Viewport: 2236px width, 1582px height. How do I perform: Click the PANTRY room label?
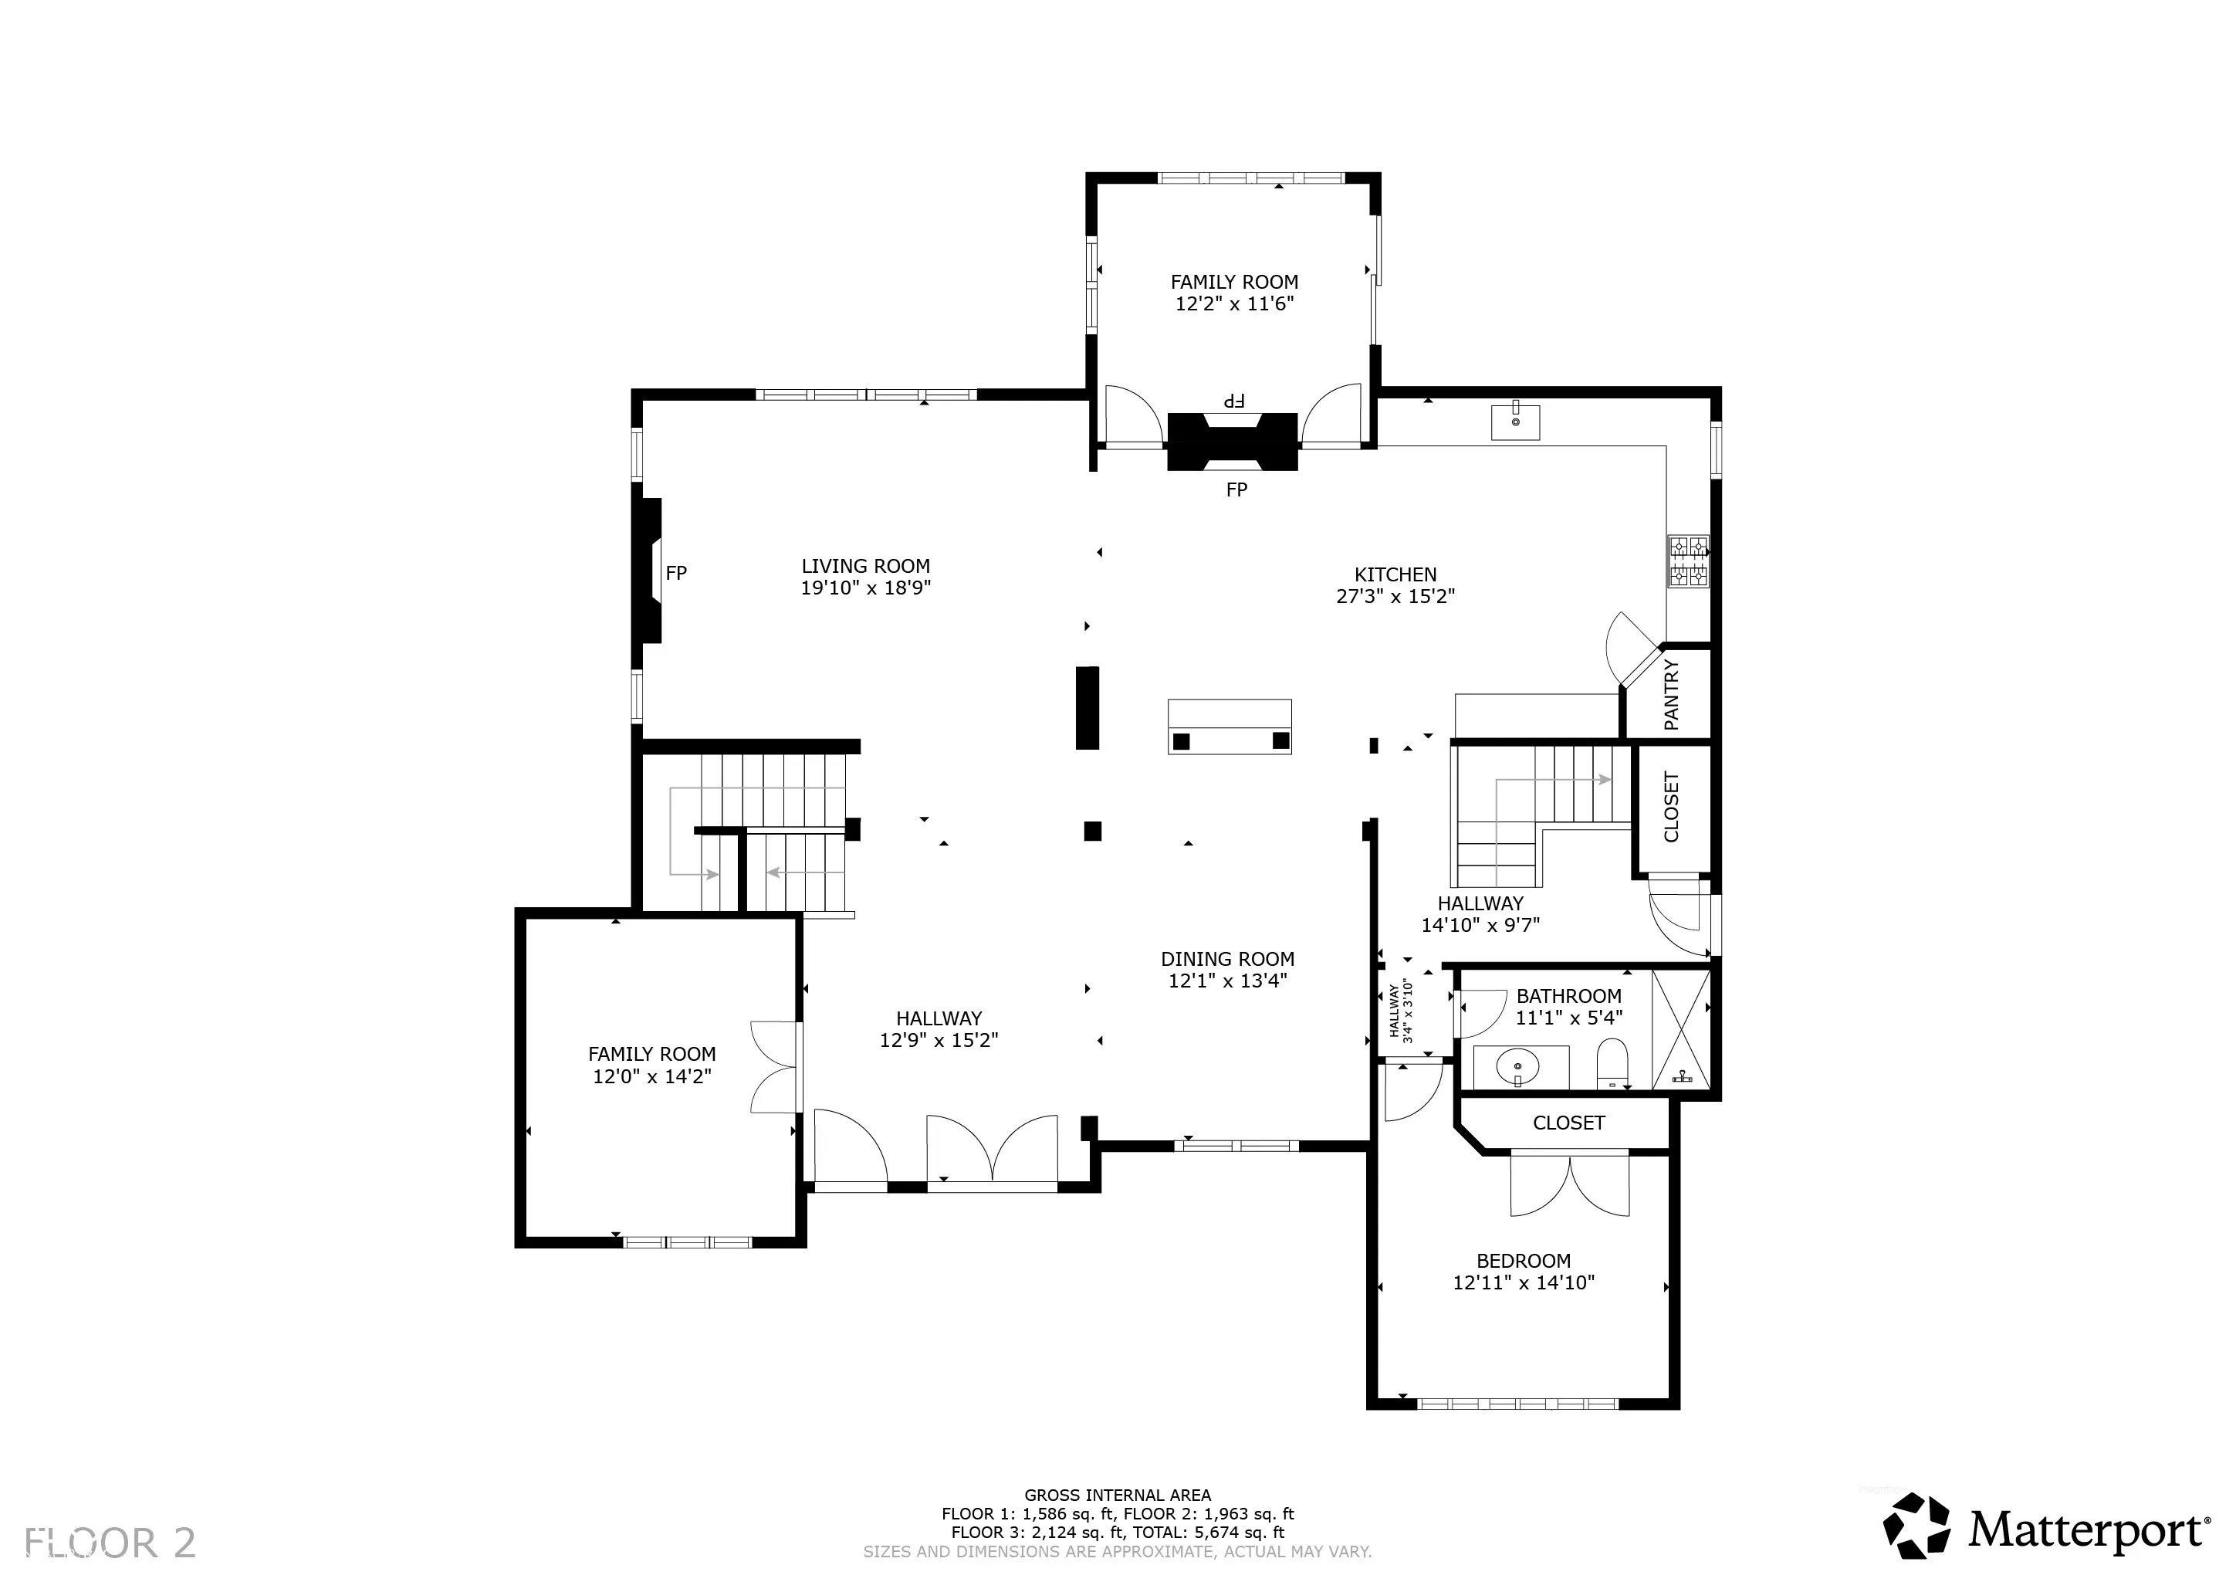[x=1671, y=695]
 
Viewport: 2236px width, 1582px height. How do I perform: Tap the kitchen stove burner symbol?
[x=1689, y=561]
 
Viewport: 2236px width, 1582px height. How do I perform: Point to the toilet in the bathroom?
[x=1612, y=1064]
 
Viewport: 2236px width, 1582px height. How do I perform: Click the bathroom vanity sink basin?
[x=1519, y=1068]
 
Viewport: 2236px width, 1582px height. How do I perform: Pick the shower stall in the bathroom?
[x=1682, y=1030]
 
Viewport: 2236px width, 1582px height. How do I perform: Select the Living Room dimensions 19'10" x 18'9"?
[x=866, y=588]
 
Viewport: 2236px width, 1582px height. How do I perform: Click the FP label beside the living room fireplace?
[x=676, y=573]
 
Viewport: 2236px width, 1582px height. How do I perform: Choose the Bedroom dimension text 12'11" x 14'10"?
[x=1524, y=1283]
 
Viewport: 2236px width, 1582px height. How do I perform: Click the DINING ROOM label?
[x=1228, y=959]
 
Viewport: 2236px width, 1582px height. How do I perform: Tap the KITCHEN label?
[x=1395, y=574]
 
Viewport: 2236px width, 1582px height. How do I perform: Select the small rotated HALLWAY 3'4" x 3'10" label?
[x=1399, y=1011]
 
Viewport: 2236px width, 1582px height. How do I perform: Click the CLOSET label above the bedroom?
[x=1569, y=1123]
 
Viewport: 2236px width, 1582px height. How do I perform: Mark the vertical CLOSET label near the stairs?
[x=1672, y=808]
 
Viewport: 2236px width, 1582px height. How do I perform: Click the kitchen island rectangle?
[x=1230, y=727]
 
